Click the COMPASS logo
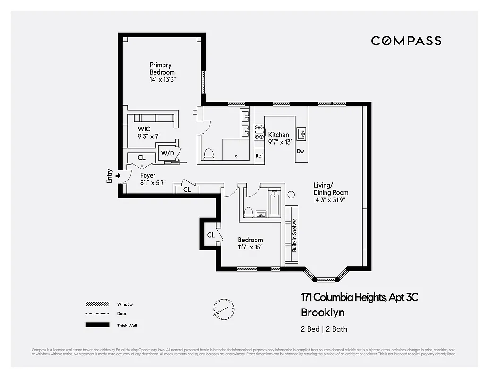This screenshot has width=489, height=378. pos(406,41)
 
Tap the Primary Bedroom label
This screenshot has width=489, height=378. pos(160,69)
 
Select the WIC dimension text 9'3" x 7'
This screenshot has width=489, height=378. pos(149,136)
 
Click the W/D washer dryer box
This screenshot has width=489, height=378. pos(167,153)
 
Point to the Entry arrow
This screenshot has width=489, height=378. pos(118,176)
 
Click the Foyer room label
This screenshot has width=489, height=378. pos(147,176)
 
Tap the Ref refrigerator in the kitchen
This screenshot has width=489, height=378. pos(259,156)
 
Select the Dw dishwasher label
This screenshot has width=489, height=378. pos(300,151)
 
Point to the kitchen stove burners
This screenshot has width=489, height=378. pos(259,132)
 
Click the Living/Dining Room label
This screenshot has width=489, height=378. pos(331,189)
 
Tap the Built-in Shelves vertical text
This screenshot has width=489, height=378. pos(294,234)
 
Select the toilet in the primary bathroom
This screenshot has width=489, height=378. pos(208,154)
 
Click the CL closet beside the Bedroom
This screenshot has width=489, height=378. pos(211,235)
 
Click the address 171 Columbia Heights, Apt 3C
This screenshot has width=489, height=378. pos(360,297)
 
